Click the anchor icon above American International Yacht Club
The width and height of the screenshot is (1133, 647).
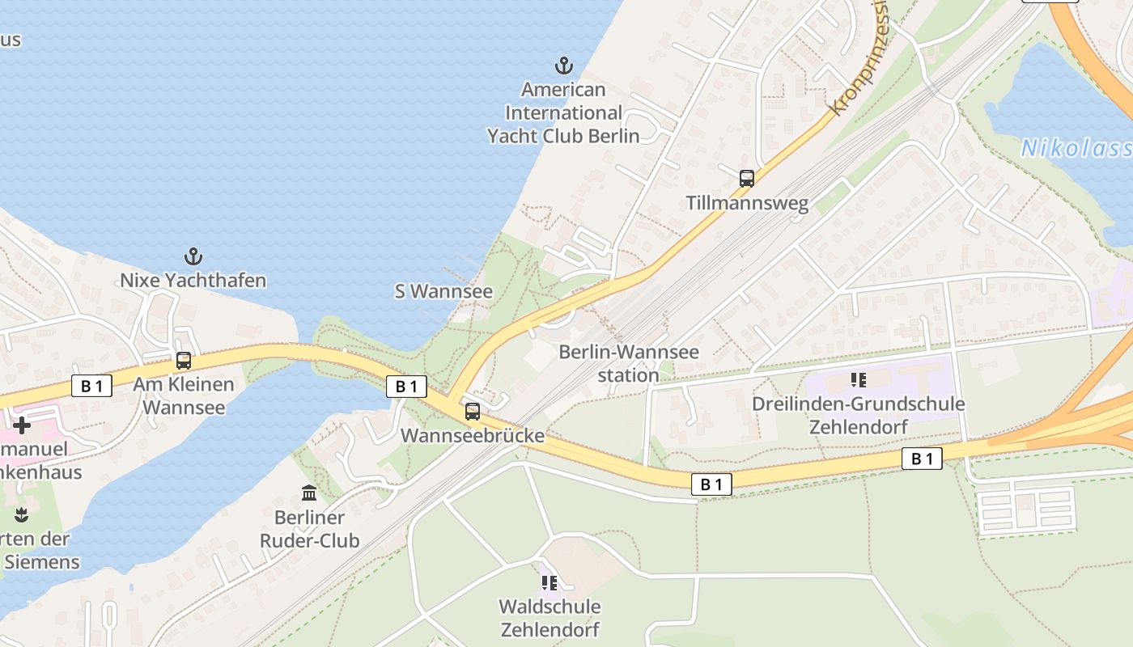pyautogui.click(x=563, y=66)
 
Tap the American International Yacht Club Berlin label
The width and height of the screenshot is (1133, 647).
pyautogui.click(x=563, y=112)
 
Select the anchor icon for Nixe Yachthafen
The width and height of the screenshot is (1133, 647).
pyautogui.click(x=193, y=257)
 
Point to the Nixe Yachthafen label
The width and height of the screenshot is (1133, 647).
pyautogui.click(x=193, y=281)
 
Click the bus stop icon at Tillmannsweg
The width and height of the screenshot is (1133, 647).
pyautogui.click(x=747, y=179)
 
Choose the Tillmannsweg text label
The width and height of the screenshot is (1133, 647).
pyautogui.click(x=747, y=203)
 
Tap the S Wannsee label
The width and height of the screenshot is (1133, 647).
pyautogui.click(x=443, y=291)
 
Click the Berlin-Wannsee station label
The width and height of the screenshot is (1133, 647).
pyautogui.click(x=629, y=364)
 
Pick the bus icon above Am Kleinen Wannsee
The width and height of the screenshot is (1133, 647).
pyautogui.click(x=184, y=361)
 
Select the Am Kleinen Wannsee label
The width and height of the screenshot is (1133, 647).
pyautogui.click(x=184, y=395)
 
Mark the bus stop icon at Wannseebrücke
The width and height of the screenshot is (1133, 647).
pyautogui.click(x=473, y=412)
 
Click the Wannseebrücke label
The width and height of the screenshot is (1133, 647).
pyautogui.click(x=473, y=436)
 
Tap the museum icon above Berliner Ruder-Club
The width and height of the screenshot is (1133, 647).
pyautogui.click(x=309, y=493)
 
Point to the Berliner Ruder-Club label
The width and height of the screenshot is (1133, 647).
pyautogui.click(x=309, y=529)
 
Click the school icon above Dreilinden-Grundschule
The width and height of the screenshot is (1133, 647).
pyautogui.click(x=859, y=379)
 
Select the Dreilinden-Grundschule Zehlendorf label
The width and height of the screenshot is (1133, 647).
pyautogui.click(x=859, y=415)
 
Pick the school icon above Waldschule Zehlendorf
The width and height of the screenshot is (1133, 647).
pyautogui.click(x=550, y=582)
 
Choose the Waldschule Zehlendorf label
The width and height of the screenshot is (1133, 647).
pyautogui.click(x=550, y=618)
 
